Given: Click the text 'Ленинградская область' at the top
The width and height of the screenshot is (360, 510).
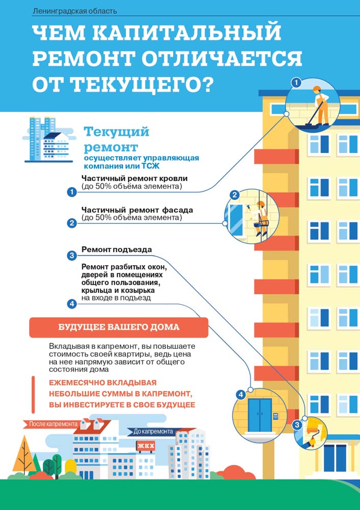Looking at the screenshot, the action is [74, 11].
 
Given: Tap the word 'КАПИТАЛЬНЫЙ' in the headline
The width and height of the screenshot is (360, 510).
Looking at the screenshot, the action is [182, 34].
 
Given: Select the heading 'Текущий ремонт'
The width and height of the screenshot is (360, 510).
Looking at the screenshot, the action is [116, 139].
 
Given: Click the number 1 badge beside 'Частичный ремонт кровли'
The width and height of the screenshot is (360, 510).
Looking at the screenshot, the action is [72, 192].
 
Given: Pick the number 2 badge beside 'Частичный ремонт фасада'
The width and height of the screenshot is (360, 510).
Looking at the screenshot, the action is [72, 223].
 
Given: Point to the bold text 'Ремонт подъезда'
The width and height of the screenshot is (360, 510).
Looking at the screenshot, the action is [116, 250].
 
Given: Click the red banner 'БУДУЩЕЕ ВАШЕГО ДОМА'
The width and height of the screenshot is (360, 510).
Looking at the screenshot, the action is [119, 327].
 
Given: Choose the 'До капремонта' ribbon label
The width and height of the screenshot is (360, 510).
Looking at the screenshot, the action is [153, 431].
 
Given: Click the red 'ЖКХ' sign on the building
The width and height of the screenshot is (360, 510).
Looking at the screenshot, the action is [146, 446].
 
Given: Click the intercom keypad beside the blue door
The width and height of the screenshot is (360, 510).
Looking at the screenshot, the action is [275, 416].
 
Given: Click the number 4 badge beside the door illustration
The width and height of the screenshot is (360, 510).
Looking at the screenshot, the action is [241, 395].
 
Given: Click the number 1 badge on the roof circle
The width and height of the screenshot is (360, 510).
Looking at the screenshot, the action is [296, 83].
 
